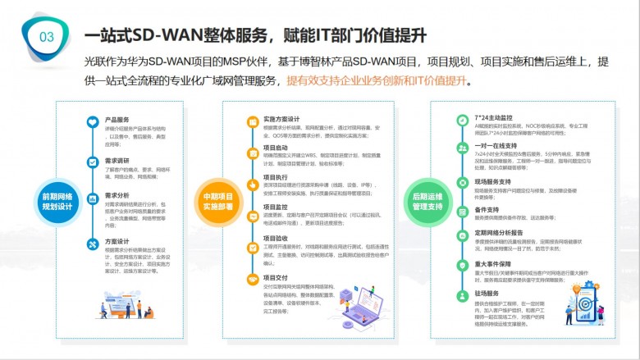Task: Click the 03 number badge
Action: (47, 36)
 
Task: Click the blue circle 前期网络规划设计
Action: (57, 201)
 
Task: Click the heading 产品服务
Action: (117, 120)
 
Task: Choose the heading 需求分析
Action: (117, 195)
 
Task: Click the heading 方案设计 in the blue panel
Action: (117, 243)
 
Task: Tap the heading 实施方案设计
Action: (281, 119)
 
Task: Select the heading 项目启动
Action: (276, 148)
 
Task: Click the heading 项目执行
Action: (276, 177)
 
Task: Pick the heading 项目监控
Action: (276, 207)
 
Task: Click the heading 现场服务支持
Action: (493, 181)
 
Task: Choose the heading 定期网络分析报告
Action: (499, 233)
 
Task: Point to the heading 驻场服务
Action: (487, 294)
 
